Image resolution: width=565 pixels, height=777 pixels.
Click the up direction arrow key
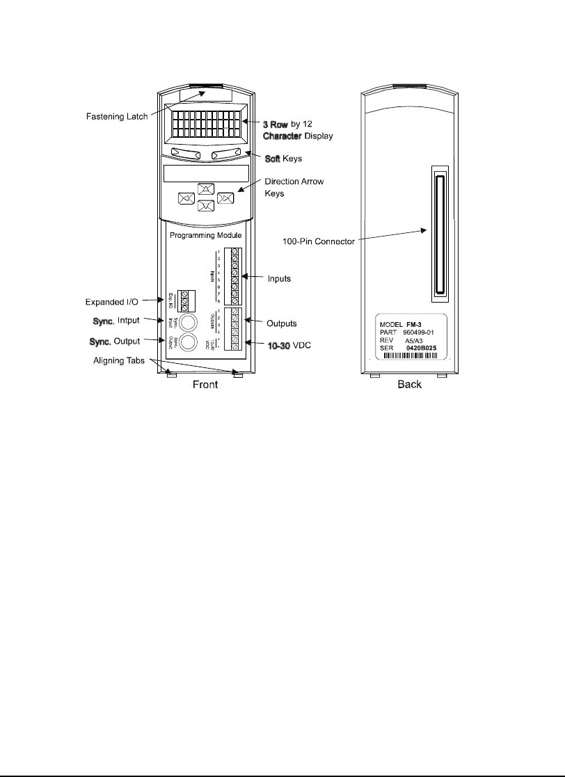tap(206, 189)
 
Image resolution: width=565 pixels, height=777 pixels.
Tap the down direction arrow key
tap(206, 206)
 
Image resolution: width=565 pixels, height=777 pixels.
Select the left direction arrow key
tap(186, 198)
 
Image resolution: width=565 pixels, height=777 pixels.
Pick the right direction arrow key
tap(225, 198)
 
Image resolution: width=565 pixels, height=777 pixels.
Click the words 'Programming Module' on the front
tap(206, 236)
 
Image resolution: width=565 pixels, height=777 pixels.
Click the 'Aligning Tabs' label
tap(120, 360)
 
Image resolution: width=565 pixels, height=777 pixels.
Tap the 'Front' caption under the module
tap(204, 385)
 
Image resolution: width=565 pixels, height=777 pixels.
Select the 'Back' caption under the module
tap(408, 385)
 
